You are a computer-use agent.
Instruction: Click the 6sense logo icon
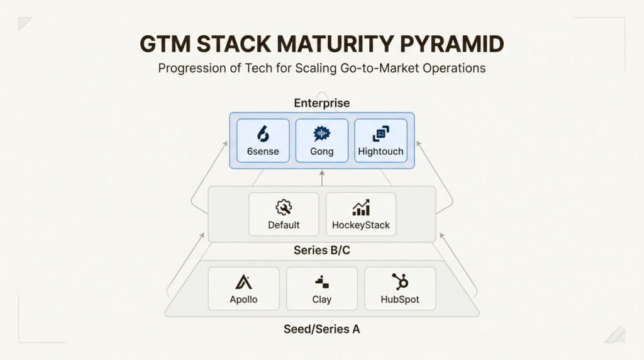point(263,133)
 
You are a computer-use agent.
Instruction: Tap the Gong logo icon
point(321,133)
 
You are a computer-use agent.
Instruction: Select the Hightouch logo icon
point(380,133)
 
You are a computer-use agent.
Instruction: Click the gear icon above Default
point(284,208)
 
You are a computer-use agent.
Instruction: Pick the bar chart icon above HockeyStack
point(361,208)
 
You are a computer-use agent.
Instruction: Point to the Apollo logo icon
point(243,281)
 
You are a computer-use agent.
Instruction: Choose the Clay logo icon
point(321,282)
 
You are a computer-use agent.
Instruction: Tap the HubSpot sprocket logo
point(399,281)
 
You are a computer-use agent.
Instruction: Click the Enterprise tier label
point(321,103)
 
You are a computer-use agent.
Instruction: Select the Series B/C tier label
point(321,250)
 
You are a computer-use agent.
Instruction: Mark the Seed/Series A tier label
point(321,329)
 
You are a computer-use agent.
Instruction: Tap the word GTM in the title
point(166,44)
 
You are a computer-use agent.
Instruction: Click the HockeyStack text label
point(361,225)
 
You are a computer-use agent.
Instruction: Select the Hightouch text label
point(380,151)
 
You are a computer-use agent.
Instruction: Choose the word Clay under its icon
point(321,299)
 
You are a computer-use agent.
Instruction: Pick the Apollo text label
point(243,299)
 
